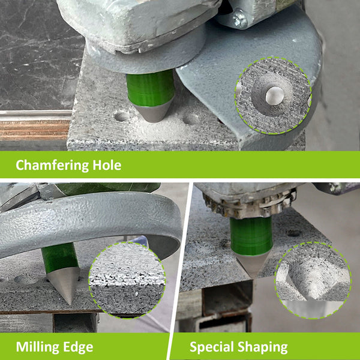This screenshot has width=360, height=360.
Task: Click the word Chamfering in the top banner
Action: click(x=52, y=166)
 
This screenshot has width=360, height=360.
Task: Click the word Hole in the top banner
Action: click(x=107, y=165)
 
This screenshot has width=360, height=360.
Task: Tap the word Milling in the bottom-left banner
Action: click(x=37, y=347)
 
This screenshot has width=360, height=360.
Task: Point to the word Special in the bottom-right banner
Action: click(x=212, y=347)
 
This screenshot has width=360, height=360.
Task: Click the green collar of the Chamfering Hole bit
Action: click(x=150, y=88)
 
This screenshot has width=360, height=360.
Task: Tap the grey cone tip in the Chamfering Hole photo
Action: click(x=152, y=113)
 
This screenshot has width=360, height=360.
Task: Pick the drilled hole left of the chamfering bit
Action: click(x=121, y=116)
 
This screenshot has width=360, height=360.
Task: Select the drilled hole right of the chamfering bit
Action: click(x=191, y=119)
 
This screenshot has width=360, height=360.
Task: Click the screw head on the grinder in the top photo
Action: click(x=239, y=19)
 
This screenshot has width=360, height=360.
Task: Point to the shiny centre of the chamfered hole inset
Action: click(x=274, y=96)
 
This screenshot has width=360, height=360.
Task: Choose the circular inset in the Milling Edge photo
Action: click(x=127, y=280)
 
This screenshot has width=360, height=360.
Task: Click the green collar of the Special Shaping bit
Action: click(x=251, y=236)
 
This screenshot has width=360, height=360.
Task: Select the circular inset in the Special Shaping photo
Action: click(x=313, y=280)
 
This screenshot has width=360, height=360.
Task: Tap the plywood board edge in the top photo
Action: click(x=35, y=130)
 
